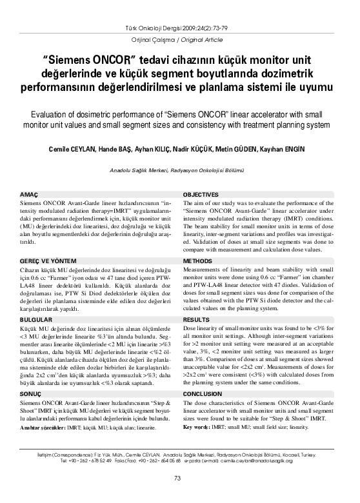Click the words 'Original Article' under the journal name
201,40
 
